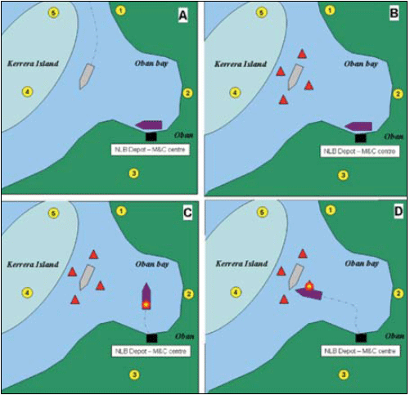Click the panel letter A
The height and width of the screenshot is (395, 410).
click(182, 16)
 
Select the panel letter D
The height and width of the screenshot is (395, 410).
click(399, 212)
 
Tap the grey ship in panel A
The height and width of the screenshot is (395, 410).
click(87, 77)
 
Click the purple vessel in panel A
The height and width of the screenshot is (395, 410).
click(149, 125)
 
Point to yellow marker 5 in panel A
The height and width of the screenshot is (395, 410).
click(53, 12)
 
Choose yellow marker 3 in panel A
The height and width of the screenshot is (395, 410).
click(133, 173)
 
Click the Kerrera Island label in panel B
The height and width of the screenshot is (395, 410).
click(241, 65)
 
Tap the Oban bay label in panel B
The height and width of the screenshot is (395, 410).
click(361, 64)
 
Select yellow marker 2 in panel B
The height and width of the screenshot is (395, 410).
click(398, 94)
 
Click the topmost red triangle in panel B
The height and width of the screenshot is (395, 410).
click(302, 54)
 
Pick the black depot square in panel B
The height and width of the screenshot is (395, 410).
click(360, 138)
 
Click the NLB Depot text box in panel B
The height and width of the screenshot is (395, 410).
click(360, 151)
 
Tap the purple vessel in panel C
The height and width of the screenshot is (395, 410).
click(146, 296)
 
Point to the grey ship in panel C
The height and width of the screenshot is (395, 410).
click(87, 277)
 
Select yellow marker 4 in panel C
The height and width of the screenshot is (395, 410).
click(27, 293)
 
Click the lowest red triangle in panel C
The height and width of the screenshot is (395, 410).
click(75, 300)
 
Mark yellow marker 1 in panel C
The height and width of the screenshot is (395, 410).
click(121, 211)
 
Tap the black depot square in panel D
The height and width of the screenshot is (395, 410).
click(361, 338)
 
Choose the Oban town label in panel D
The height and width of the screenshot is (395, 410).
click(394, 336)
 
